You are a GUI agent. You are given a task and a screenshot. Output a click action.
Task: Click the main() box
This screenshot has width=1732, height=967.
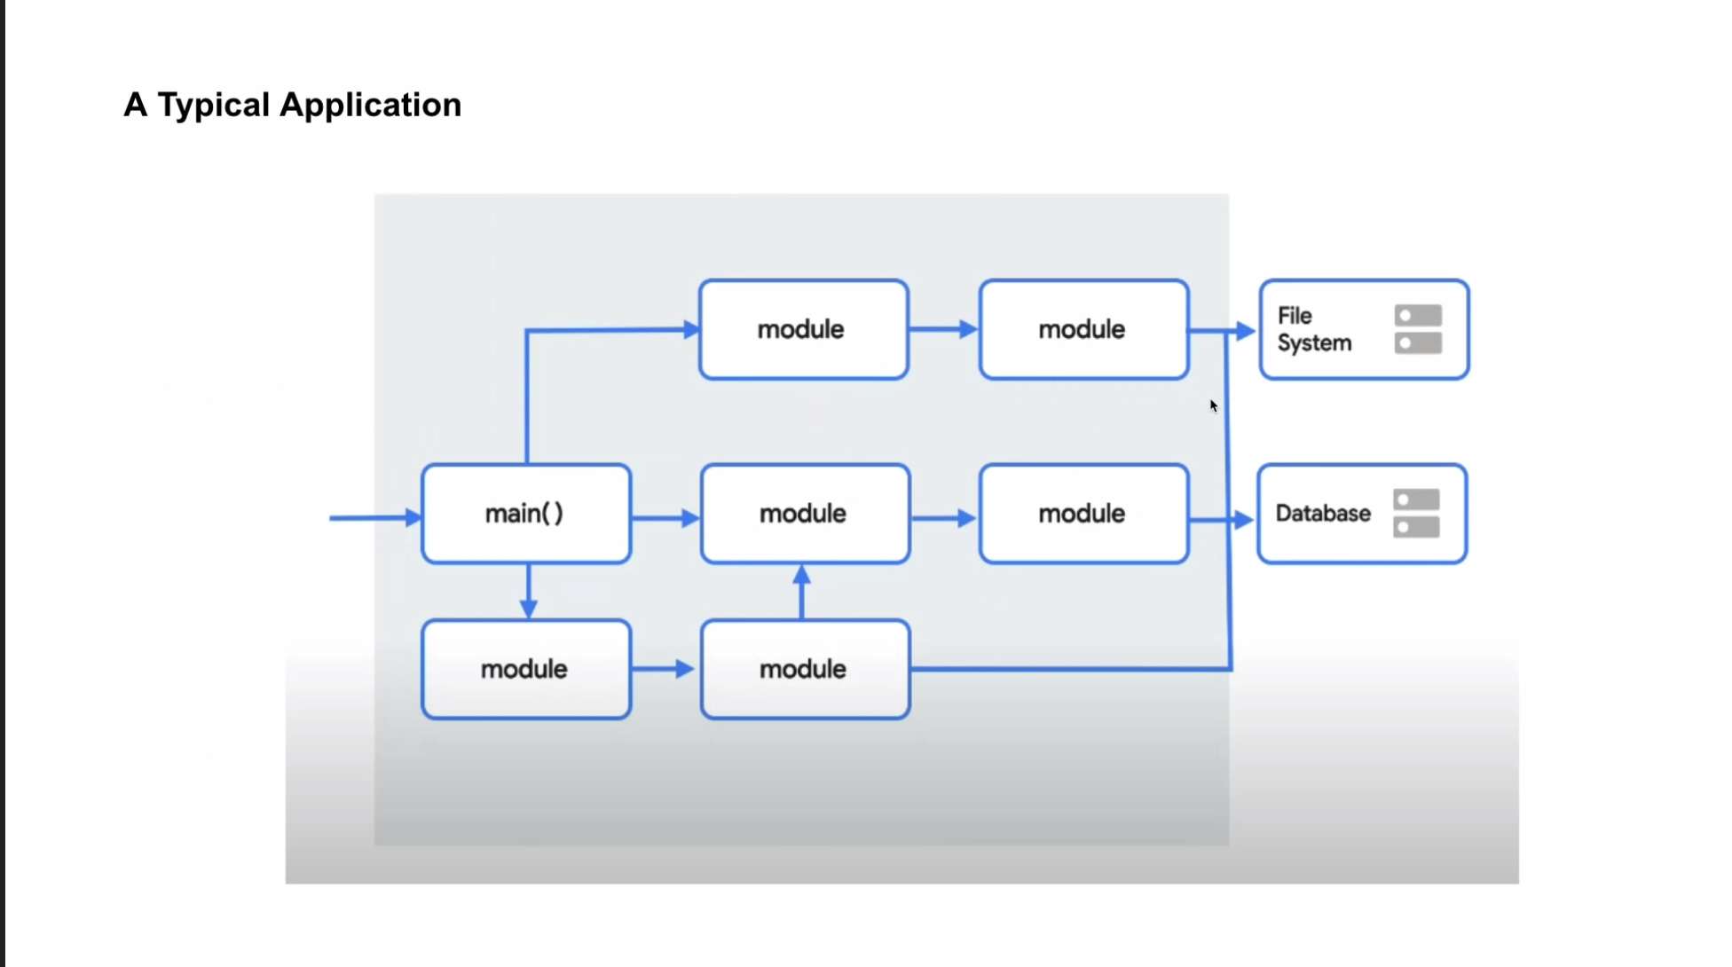tap(526, 514)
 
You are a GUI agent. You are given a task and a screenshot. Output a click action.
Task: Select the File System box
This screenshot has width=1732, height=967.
tap(1365, 330)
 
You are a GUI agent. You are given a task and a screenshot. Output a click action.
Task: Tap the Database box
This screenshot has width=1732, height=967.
tap(1363, 514)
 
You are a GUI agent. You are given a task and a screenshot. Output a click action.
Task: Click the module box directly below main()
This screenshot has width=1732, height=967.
tap(526, 669)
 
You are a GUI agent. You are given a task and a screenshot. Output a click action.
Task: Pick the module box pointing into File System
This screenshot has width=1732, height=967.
tap(1084, 330)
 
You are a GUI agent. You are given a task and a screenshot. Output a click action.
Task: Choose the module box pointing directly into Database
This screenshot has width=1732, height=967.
tap(1084, 514)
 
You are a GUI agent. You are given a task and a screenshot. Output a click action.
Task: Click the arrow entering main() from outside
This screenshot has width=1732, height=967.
tap(375, 517)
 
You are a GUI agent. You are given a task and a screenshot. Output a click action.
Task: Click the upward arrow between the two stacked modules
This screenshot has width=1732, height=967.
tap(802, 592)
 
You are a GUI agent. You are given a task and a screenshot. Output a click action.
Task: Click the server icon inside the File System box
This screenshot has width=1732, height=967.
tap(1418, 329)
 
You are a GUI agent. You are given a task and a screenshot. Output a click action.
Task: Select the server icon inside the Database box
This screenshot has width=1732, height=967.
tap(1416, 514)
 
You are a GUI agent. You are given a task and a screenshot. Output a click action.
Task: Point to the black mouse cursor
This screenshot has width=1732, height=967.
tap(1214, 405)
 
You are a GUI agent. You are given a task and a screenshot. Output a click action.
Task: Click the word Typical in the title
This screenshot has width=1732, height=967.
tap(214, 106)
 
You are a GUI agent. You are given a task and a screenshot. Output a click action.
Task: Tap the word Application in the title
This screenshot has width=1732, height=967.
tap(371, 106)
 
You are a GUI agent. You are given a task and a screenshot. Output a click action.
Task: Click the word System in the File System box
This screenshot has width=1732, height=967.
tap(1314, 343)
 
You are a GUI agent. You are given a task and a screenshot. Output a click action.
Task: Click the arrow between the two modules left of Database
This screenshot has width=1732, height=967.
tap(945, 518)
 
